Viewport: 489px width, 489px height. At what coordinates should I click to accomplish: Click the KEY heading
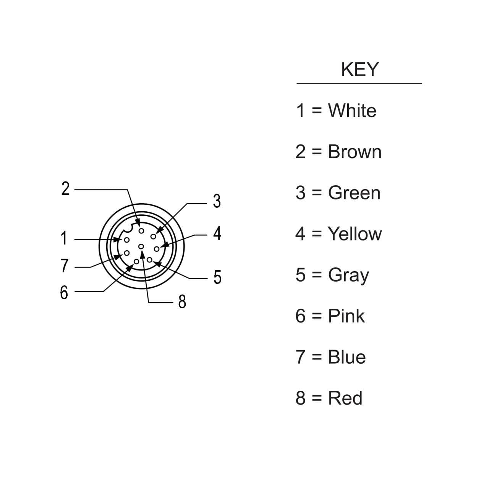click(359, 70)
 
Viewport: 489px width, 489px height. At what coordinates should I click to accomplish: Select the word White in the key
click(352, 111)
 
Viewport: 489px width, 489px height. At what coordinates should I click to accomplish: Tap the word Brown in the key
click(355, 152)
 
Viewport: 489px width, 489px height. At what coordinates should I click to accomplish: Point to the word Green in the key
click(354, 193)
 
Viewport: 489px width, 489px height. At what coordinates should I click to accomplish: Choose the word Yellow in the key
click(355, 234)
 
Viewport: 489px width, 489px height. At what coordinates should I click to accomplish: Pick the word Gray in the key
click(348, 275)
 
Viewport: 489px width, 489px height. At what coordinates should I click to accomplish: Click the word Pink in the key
click(346, 316)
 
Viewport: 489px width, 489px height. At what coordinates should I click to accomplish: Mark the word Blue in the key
click(347, 357)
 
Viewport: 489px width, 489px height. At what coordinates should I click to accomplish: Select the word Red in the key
click(345, 398)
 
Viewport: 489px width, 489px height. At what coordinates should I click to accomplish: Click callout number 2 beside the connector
click(66, 189)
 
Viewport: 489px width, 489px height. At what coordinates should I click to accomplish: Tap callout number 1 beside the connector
click(64, 238)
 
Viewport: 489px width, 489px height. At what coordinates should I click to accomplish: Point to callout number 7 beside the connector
click(65, 266)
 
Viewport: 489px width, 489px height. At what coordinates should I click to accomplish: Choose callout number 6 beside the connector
click(64, 293)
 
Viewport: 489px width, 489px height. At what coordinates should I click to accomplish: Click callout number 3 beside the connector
click(217, 201)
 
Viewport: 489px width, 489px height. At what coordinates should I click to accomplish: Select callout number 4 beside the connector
click(217, 233)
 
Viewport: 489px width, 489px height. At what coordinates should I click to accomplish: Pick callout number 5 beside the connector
click(217, 277)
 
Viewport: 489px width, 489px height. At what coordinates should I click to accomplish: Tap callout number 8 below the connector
click(182, 301)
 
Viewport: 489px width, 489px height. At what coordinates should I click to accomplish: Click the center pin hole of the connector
click(141, 246)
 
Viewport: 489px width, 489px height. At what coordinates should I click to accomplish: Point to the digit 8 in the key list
click(301, 398)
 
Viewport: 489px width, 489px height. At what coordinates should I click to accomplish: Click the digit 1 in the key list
click(301, 111)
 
